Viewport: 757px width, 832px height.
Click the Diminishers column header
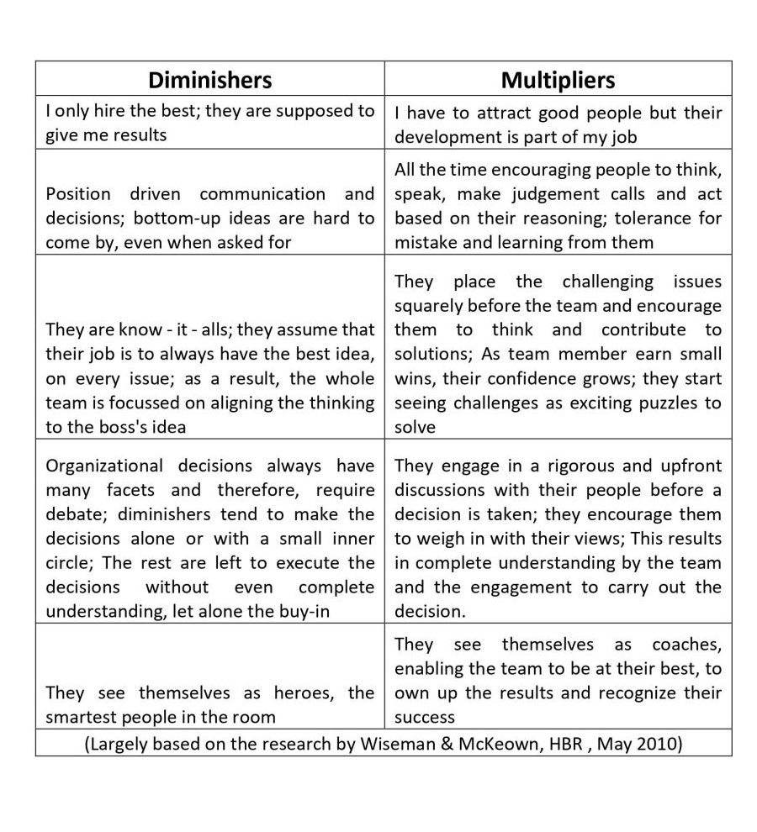point(209,80)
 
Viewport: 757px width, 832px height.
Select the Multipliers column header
point(558,80)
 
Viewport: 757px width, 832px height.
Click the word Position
point(77,194)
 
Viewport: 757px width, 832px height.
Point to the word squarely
point(429,305)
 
